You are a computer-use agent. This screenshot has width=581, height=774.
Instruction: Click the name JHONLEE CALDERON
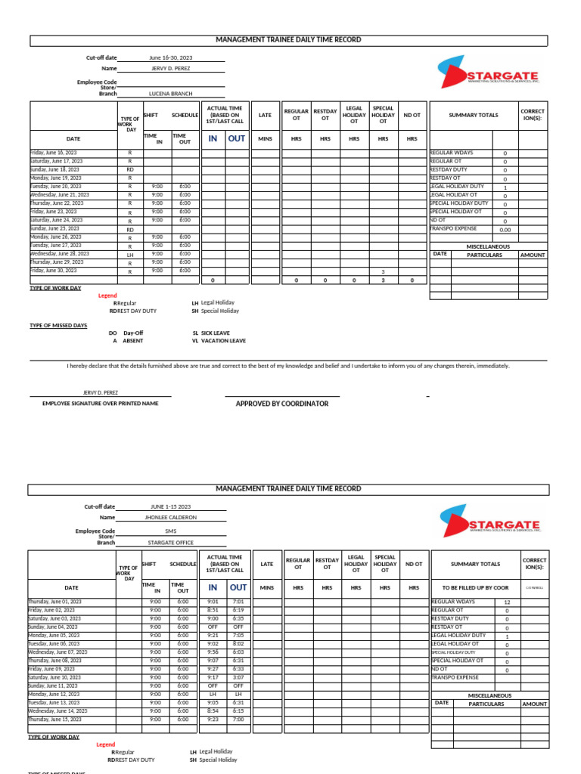[170, 518]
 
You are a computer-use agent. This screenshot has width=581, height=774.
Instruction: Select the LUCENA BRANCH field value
[170, 93]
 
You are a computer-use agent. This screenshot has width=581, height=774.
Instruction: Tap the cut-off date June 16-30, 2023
[171, 57]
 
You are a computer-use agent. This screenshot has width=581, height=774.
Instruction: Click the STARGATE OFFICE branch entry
[170, 542]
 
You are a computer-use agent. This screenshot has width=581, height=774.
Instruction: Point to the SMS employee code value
[170, 531]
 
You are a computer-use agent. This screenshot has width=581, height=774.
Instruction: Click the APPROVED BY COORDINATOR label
[282, 404]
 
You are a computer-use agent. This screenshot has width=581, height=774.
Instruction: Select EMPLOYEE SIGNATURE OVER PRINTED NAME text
[100, 404]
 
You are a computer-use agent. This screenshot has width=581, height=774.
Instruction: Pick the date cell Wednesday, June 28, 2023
[60, 254]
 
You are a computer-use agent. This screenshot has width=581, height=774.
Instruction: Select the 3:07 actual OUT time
[238, 677]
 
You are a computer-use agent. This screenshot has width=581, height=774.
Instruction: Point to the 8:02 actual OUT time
[238, 643]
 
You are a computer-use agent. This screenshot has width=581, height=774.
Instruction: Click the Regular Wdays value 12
[507, 602]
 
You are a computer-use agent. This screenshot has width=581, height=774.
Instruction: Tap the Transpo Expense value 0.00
[505, 230]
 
